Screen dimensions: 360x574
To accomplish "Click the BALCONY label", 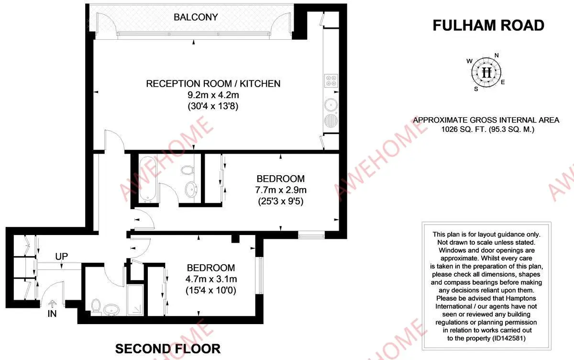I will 196,17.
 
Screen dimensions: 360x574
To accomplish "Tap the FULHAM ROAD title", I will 488,25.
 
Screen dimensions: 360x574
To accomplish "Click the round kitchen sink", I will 331,103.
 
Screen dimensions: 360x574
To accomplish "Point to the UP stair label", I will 62,257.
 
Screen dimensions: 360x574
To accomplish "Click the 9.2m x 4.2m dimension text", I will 213,95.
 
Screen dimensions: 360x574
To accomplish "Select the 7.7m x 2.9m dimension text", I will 280,190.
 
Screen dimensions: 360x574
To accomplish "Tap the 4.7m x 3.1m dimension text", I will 211,279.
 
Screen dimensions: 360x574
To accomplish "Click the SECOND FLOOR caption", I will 168,349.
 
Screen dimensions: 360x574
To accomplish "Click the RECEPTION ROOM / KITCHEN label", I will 213,84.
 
